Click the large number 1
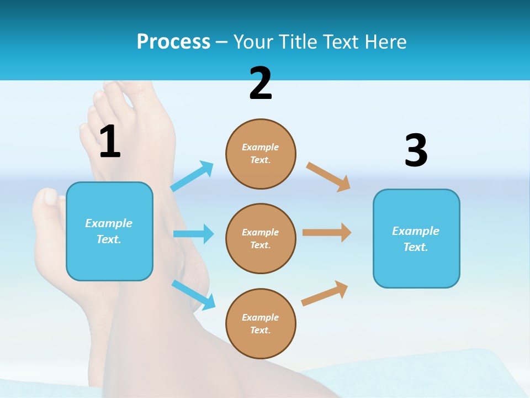[x=110, y=142]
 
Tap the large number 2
[x=261, y=84]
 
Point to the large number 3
[x=416, y=151]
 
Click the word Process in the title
[x=173, y=41]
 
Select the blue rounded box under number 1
[x=109, y=232]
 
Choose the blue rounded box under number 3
[x=416, y=239]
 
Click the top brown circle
[x=261, y=154]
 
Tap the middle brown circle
[x=261, y=239]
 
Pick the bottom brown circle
[x=261, y=324]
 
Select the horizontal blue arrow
[x=193, y=234]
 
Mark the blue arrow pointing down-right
[x=194, y=295]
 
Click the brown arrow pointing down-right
[x=328, y=176]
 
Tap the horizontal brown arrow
[x=327, y=233]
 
